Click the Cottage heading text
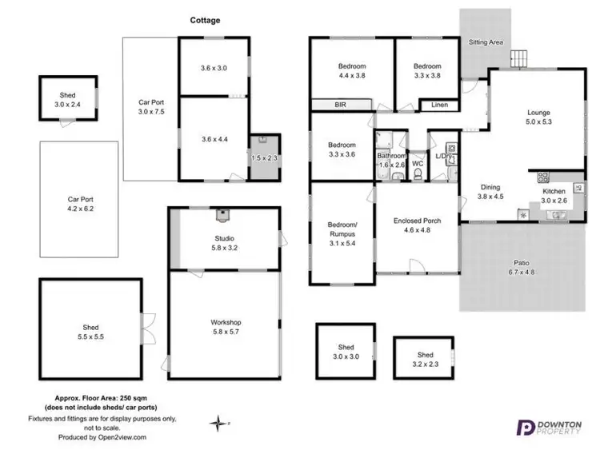[206, 21]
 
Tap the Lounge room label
[538, 117]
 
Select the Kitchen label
[554, 197]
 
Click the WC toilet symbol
[417, 169]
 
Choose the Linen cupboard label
[438, 105]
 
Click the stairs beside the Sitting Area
[521, 58]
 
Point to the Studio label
[224, 242]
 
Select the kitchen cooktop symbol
[542, 177]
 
